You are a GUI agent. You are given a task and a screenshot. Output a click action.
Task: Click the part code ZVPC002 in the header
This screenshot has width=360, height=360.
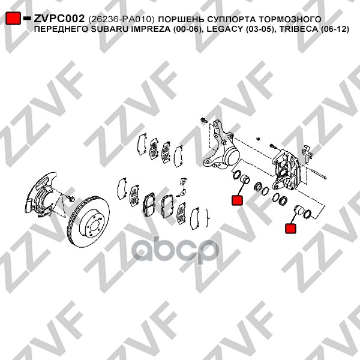point(59,19)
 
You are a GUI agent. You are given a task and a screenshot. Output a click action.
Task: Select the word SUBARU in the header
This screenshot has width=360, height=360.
point(106,29)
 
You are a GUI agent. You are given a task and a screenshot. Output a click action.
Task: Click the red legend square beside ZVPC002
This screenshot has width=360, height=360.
point(13,18)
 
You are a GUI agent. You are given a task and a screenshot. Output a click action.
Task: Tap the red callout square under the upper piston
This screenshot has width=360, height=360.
point(237,200)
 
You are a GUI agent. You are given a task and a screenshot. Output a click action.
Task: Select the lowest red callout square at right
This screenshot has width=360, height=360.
point(290,229)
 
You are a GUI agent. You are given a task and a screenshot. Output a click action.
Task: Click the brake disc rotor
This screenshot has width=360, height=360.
point(88,221)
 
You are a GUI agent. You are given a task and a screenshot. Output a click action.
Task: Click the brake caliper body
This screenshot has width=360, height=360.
point(286,169)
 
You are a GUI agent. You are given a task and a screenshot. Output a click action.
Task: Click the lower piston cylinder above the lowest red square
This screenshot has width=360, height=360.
point(299,210)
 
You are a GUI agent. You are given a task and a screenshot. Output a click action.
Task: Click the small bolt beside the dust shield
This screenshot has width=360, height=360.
point(71,198)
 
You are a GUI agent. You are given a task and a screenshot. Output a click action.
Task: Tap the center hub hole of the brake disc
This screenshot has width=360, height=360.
point(95,226)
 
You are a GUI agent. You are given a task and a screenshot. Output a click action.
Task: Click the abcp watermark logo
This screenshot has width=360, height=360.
point(175,251)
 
